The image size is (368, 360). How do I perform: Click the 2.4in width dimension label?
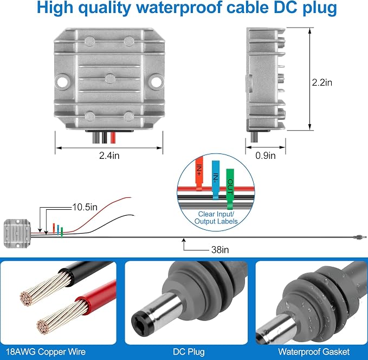click(x=109, y=156)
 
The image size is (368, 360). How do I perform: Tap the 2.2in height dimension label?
click(x=322, y=82)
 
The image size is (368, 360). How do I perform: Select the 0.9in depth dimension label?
click(x=266, y=156)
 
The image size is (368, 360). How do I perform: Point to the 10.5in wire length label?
click(x=85, y=207)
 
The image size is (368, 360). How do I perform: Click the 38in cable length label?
click(x=220, y=249)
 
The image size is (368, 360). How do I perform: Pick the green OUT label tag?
click(x=230, y=189)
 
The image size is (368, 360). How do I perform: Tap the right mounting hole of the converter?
click(x=156, y=81)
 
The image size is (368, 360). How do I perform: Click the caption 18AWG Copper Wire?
click(x=46, y=352)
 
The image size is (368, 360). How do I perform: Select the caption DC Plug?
click(x=189, y=352)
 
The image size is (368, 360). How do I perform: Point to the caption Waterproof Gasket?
click(x=314, y=352)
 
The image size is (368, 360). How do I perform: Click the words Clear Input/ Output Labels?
click(x=216, y=218)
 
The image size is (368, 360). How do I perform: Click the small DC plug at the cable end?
click(x=359, y=237)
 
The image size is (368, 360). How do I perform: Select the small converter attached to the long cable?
click(x=17, y=233)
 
